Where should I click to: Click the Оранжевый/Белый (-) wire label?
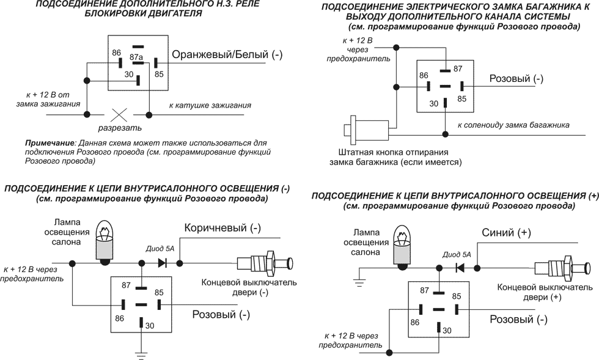pos(227,55)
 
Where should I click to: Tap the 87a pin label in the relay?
pos(136,57)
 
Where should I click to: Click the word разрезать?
pos(120,128)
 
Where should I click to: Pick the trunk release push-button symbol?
pos(367,130)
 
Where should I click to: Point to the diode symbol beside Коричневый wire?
pos(163,263)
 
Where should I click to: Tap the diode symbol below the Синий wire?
pos(459,268)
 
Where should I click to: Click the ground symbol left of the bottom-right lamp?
pos(358,283)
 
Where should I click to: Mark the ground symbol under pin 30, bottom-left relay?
pos(142,354)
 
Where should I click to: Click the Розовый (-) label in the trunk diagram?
pos(516,79)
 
